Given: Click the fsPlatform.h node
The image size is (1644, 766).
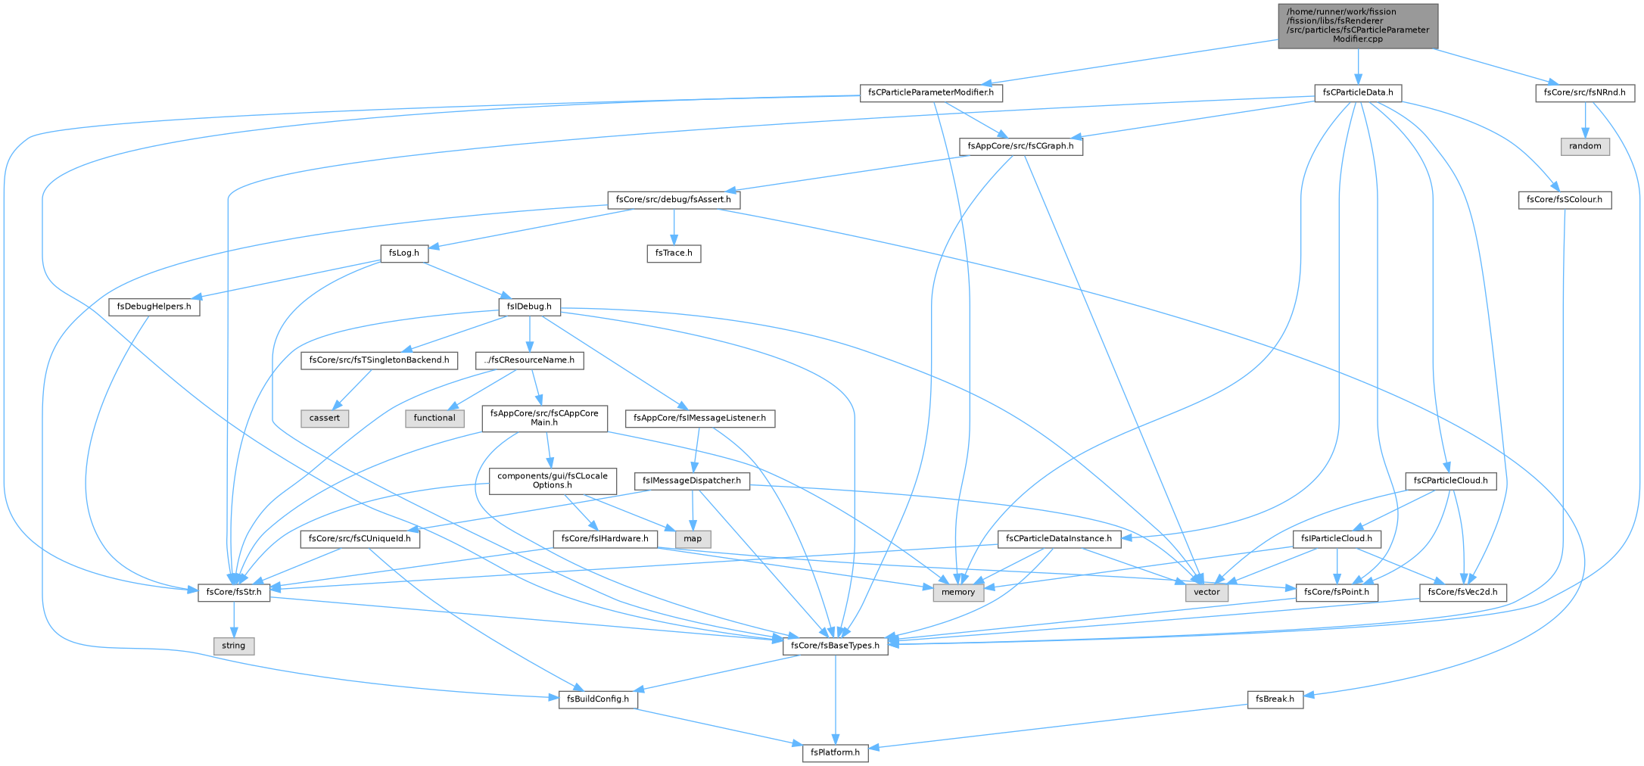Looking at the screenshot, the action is (x=835, y=753).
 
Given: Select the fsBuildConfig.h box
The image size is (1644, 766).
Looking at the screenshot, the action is (x=599, y=699).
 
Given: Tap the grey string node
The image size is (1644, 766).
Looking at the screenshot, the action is (x=233, y=646).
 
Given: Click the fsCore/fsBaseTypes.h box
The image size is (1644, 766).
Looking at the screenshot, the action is (x=835, y=646).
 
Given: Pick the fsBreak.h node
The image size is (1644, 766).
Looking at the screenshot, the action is (x=1275, y=699).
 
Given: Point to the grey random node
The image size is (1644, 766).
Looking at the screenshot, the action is (x=1585, y=146).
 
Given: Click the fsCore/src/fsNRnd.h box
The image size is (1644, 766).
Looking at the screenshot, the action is (x=1585, y=93).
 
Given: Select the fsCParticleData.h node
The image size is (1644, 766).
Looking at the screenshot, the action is (x=1359, y=93).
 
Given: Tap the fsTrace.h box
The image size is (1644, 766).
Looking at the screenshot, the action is (x=674, y=254).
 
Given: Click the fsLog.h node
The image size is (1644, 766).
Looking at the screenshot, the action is (x=404, y=254).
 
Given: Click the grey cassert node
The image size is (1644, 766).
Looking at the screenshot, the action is (x=325, y=418).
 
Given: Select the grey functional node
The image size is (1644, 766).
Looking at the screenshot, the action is (x=434, y=418).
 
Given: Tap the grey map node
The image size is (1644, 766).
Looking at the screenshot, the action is (x=693, y=539).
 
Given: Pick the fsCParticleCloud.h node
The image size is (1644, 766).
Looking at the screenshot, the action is (x=1450, y=481).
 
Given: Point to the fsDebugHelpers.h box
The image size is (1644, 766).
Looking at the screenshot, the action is (x=154, y=307).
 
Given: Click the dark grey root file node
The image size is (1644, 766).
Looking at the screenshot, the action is (x=1358, y=26).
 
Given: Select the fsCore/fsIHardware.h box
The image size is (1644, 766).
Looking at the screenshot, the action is (x=604, y=539).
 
